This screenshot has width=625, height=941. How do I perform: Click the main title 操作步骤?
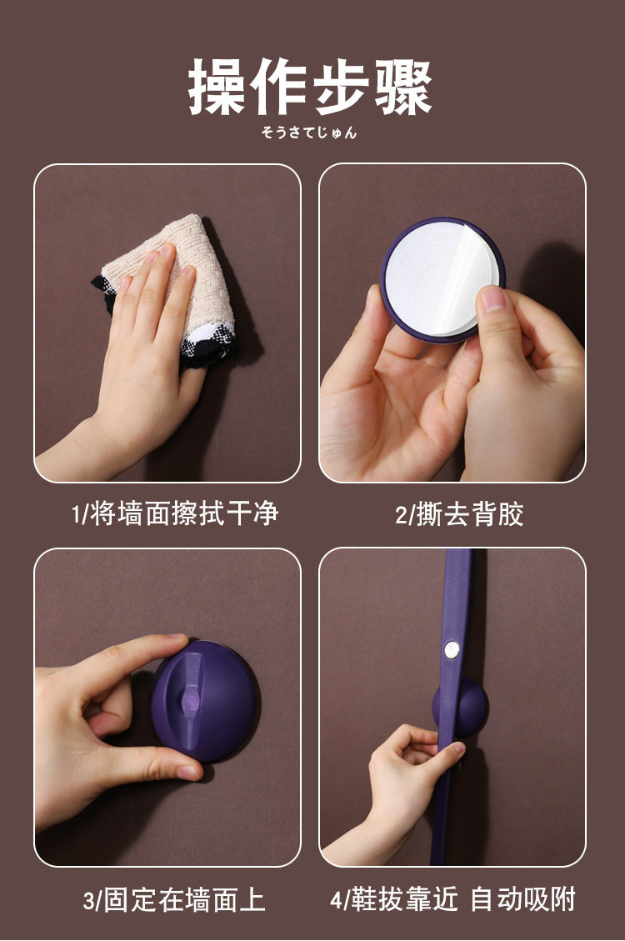pos(309,87)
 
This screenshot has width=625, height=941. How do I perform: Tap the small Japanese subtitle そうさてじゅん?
pos(309,133)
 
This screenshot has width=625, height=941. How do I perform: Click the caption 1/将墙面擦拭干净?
pos(174,513)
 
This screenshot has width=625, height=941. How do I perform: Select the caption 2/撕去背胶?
pos(459,514)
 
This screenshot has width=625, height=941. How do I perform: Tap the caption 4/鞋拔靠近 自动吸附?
pos(452,899)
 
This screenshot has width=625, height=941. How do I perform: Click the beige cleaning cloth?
pos(174,282)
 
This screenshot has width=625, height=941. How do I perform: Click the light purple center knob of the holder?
pos(190,700)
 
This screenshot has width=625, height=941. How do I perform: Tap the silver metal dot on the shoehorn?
pos(451,648)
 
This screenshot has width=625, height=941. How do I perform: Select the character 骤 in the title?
pos(403,88)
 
